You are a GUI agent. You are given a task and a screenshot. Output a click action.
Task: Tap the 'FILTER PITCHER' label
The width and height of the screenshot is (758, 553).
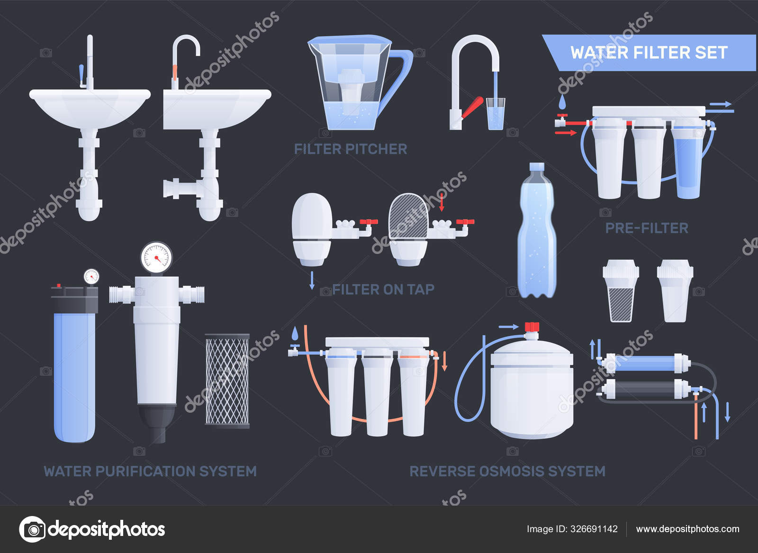pos(351,149)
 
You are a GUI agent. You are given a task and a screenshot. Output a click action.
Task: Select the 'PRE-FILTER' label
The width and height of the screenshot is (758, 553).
pos(647,228)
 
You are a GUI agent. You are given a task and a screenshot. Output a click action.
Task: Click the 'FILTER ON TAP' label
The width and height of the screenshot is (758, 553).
pos(383,289)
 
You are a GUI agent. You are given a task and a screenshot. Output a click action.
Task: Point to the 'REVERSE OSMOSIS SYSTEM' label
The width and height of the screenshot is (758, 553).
pos(507,471)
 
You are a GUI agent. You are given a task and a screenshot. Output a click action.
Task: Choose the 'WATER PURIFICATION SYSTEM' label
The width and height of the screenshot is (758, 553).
pos(150,471)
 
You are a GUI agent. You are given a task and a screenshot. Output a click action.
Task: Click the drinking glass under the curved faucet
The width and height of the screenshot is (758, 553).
pos(496,114)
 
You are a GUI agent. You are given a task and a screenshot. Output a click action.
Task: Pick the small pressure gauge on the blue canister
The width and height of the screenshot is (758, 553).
pos(91,276)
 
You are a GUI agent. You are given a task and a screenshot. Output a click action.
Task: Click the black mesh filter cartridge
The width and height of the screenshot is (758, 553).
pos(227,381)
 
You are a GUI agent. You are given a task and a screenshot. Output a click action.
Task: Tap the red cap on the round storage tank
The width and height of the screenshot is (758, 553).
pos(532,327)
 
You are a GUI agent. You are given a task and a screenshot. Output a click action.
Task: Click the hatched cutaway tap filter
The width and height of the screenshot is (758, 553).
pos(408,216)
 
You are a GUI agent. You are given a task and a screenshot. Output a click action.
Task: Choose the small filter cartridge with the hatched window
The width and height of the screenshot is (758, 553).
pos(621,291)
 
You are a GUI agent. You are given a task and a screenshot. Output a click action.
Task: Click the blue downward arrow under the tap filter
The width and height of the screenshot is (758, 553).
pos(312,280)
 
